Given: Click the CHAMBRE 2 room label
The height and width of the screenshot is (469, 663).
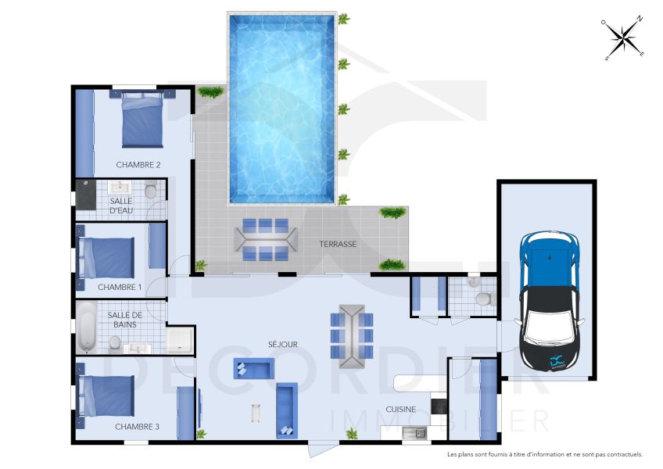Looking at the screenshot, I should tap(138, 165).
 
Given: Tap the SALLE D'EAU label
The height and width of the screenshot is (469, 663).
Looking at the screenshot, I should tap(121, 206).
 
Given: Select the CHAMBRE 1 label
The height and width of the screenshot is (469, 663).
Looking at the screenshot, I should tap(120, 287).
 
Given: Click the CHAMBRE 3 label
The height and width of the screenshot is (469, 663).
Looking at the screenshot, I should tap(137, 427).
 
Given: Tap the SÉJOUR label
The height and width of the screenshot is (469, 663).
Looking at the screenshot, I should tap(282, 344).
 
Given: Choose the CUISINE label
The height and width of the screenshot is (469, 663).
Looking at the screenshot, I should tap(400, 409).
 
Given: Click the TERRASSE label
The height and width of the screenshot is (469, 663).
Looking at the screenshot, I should tap(338, 244).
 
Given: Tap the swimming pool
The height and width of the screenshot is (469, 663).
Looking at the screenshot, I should tap(282, 107).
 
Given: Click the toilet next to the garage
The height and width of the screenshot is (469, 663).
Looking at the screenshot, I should tap(482, 296).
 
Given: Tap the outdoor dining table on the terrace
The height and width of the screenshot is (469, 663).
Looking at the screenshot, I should tap(265, 239).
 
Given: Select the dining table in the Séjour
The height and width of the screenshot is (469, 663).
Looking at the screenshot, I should tap(352, 336).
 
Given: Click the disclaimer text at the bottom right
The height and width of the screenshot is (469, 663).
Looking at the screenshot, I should tap(544, 454).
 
